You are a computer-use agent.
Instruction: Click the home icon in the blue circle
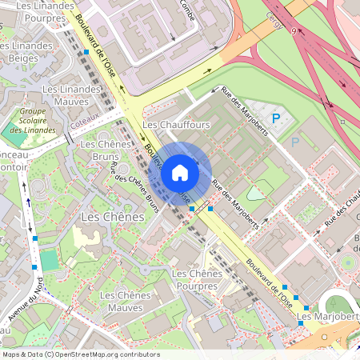180,173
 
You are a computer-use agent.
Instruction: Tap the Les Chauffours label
175,126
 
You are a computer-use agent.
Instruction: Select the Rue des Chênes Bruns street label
132,186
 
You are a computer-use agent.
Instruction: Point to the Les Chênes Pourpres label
197,280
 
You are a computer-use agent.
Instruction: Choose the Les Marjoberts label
326,318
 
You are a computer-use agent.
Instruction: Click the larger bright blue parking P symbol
277,118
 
